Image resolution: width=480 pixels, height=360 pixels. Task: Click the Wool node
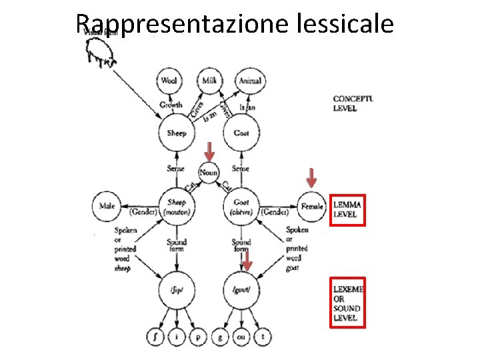coord(169,81)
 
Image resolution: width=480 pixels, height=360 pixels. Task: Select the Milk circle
coord(209,81)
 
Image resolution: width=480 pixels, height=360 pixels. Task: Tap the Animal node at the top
coord(250,81)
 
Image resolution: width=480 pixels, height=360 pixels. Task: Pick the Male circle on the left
coord(105,207)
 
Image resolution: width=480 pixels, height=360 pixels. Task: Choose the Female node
coord(312,207)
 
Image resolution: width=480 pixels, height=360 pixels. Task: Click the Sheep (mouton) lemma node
coord(177,207)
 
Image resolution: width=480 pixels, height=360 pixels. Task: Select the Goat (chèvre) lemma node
coord(241,207)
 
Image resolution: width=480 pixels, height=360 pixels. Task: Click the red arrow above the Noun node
coord(209,151)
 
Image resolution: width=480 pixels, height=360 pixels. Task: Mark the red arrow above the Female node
coord(311,177)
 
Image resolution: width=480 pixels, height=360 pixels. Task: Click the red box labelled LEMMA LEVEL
coord(347,209)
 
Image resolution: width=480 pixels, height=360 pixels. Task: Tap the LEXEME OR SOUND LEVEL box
coord(347,303)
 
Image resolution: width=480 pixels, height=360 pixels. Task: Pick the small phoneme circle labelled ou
coord(241,337)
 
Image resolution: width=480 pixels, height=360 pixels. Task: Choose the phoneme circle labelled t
coord(263,337)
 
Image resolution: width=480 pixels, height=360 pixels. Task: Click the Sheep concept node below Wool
coord(177,133)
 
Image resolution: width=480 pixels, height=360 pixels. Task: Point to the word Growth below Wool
coord(171,105)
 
